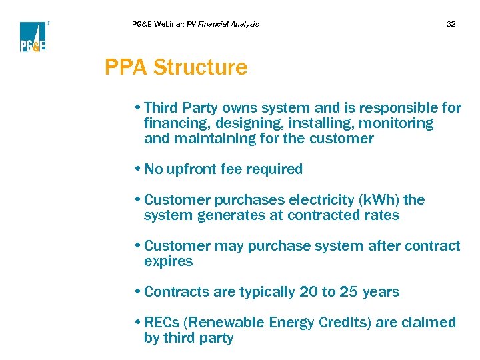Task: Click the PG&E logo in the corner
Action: pos(33,37)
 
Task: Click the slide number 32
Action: pos(451,24)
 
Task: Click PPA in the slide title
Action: pos(126,67)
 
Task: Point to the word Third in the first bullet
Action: pos(161,108)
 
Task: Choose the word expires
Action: pos(168,261)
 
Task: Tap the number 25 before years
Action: pos(349,292)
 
